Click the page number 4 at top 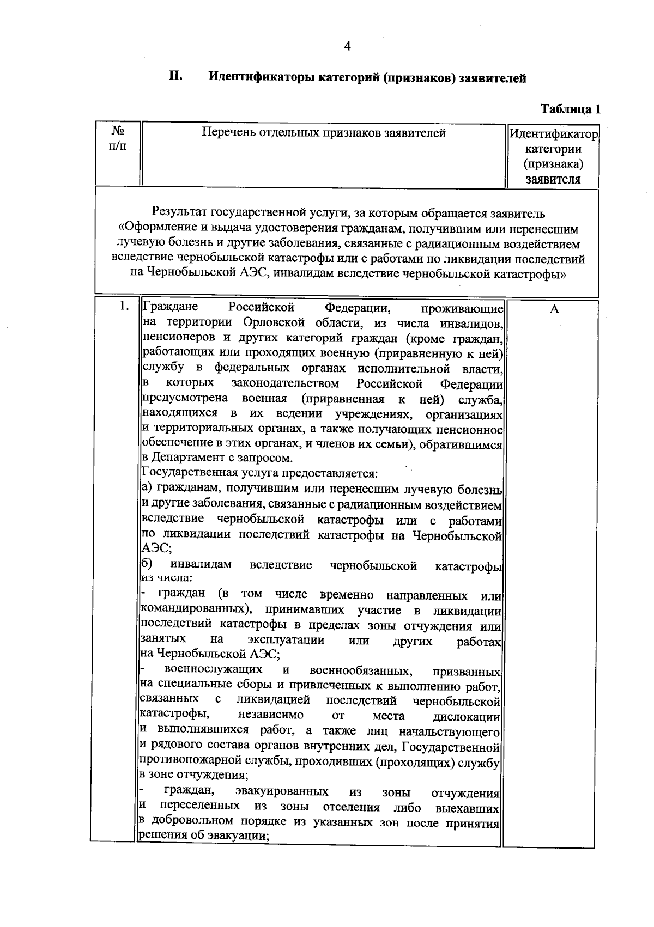coord(347,46)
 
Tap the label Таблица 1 coord(571,109)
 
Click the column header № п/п coord(117,139)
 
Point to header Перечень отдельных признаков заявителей coord(324,133)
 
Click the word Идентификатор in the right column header coord(553,134)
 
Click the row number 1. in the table coord(124,307)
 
